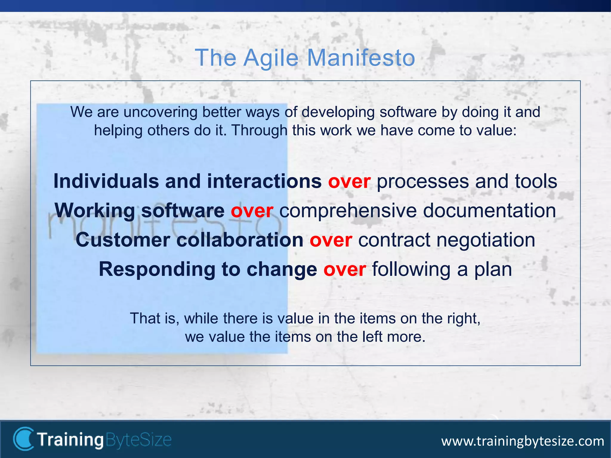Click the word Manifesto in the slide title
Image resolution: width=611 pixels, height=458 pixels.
coord(361,58)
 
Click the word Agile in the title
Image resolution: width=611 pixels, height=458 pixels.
coord(271,58)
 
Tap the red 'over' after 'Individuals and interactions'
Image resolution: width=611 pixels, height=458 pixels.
coord(349,182)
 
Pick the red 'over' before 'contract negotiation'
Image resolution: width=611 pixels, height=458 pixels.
coord(331,240)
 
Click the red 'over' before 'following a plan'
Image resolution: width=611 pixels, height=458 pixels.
coord(345,269)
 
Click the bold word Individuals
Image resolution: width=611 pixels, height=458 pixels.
coord(106,181)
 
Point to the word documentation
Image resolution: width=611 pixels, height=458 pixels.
coord(489,211)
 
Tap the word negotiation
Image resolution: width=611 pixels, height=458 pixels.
coord(486,240)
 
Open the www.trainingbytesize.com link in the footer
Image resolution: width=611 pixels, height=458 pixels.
coord(523,441)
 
